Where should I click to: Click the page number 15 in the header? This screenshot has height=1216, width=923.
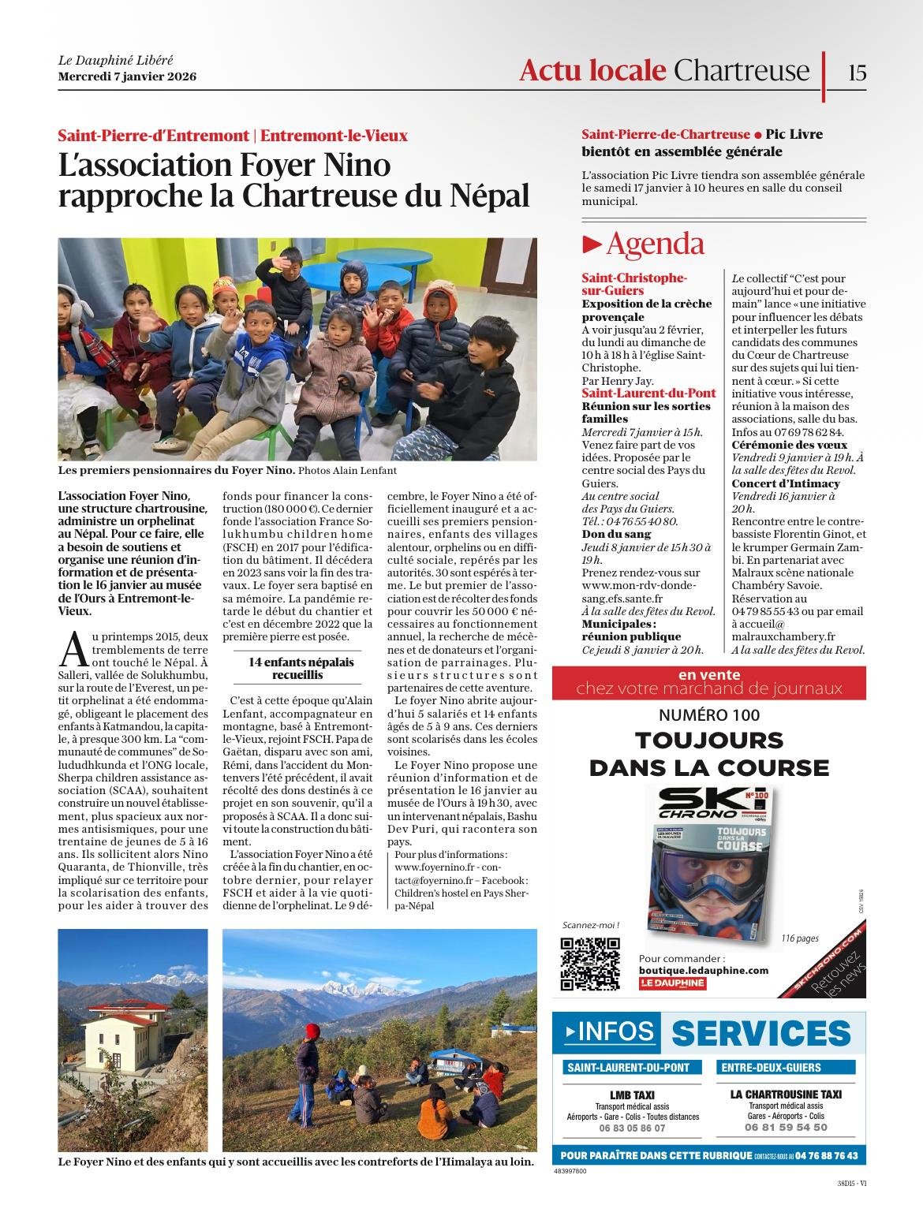[x=858, y=73]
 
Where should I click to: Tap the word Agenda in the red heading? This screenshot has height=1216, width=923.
[x=655, y=244]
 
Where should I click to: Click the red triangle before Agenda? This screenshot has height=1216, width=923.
[x=592, y=244]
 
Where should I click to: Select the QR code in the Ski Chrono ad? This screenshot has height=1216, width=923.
[x=589, y=964]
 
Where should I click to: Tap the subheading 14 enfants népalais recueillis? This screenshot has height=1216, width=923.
[x=301, y=669]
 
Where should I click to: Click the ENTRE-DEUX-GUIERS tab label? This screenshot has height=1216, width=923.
[x=769, y=1068]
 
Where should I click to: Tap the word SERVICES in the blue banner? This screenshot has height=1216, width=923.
[x=761, y=1033]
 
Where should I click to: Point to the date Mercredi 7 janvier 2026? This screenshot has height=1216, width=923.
[x=127, y=76]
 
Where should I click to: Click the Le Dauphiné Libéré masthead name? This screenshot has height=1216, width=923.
[x=115, y=60]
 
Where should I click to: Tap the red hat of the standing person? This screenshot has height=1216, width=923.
[x=313, y=1031]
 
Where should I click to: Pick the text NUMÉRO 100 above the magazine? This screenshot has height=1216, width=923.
[x=709, y=715]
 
